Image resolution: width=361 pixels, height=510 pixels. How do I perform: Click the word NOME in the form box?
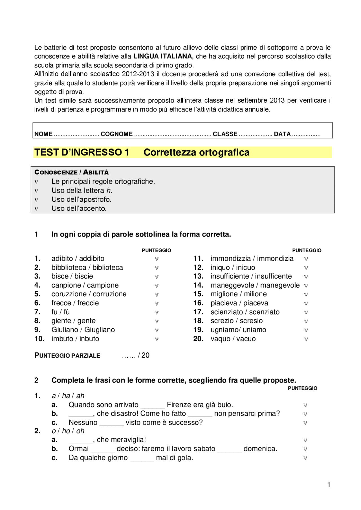[43, 134]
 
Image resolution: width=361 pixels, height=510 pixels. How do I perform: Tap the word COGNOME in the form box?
[116, 134]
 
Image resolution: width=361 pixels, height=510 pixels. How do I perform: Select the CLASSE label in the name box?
[225, 134]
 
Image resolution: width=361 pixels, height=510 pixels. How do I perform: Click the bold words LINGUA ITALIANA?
[162, 56]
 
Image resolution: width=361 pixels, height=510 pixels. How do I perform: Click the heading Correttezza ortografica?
[196, 152]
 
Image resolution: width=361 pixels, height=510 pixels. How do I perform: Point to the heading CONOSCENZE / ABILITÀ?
[71, 172]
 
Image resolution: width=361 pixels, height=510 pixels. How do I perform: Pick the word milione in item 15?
[255, 294]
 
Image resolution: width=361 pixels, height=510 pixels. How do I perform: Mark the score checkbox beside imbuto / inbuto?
[157, 339]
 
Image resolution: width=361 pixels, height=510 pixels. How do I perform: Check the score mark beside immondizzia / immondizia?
[306, 259]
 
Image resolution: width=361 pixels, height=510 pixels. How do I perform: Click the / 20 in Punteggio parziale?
[144, 355]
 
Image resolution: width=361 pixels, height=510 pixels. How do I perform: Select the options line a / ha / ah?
[68, 396]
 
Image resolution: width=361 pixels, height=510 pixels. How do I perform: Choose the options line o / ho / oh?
[68, 431]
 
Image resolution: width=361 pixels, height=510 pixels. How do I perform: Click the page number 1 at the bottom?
[329, 485]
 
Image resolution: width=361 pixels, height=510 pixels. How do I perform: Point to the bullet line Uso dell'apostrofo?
[81, 199]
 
